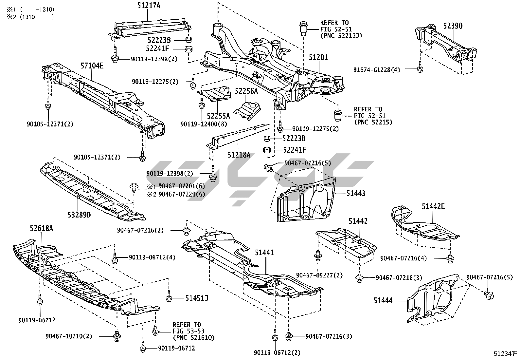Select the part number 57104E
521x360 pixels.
(92, 66)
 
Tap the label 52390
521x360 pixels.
(453, 26)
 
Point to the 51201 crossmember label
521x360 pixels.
(318, 58)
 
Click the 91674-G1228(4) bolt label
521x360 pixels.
(377, 70)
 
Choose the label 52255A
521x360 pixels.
(218, 116)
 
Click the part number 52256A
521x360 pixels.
(246, 91)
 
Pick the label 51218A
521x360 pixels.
(239, 154)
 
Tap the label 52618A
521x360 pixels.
(41, 228)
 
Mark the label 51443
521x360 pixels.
(356, 194)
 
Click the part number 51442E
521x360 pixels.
(433, 206)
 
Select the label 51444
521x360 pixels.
(383, 300)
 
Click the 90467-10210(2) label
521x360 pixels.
(69, 336)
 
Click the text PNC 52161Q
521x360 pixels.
(193, 337)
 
